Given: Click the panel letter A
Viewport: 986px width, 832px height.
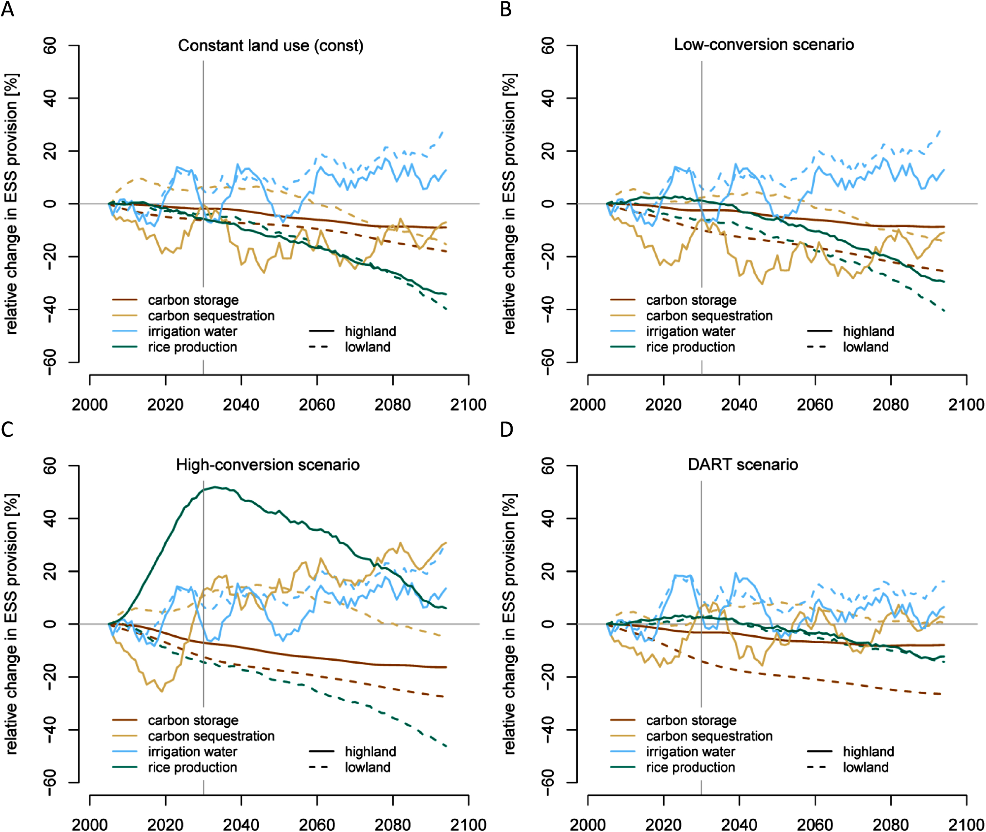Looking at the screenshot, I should (7, 8).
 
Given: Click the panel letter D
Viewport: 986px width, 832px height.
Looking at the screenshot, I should (506, 429).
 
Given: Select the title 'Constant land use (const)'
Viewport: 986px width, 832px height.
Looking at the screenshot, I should (271, 46).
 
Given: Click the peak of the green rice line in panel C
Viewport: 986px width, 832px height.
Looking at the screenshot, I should (215, 487).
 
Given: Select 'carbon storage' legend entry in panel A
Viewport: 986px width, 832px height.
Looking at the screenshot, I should (193, 300).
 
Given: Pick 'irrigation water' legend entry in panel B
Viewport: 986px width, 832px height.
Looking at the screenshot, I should (690, 331).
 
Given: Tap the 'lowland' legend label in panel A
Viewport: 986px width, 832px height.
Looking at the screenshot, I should (367, 347).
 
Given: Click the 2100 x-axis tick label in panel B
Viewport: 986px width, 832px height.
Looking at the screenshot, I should (966, 404).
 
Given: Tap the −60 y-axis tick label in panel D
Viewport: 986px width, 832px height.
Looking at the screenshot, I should (548, 783).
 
